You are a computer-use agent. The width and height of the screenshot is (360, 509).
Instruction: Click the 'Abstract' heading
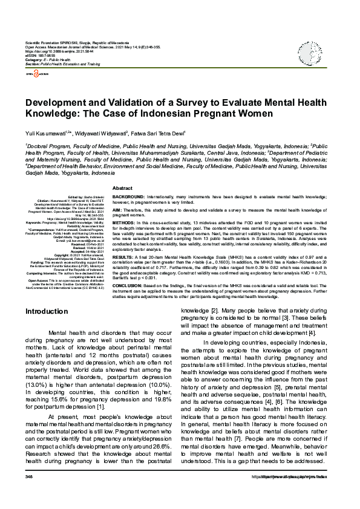(x=122, y=189)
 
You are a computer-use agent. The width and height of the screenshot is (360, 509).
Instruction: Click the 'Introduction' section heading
(x=46, y=311)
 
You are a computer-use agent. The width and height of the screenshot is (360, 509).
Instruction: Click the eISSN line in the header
(x=38, y=55)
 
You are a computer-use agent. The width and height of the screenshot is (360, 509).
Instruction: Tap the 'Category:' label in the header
(x=34, y=59)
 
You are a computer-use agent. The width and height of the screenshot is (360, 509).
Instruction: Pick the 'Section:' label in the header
(x=33, y=63)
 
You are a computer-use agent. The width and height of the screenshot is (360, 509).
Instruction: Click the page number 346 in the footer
(x=28, y=494)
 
